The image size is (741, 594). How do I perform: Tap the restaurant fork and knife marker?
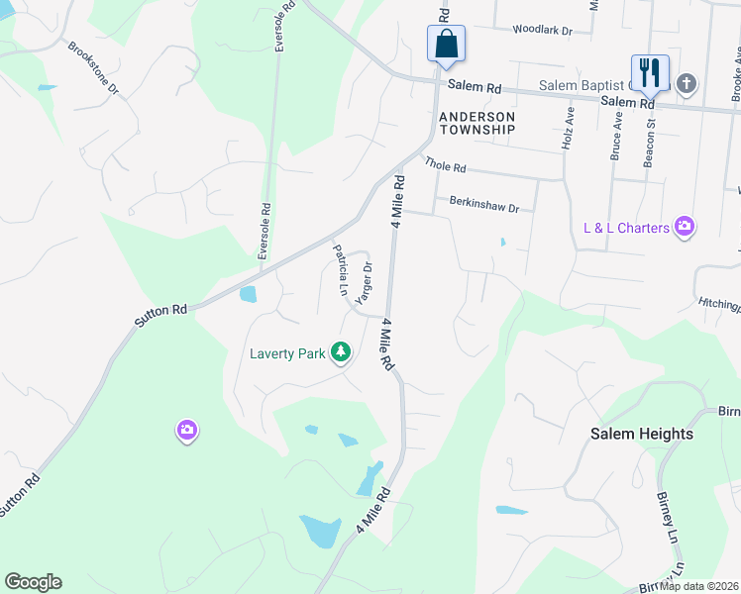pyautogui.click(x=649, y=72)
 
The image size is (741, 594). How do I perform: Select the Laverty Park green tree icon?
pyautogui.click(x=341, y=351)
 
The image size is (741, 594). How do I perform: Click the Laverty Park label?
pyautogui.click(x=288, y=352)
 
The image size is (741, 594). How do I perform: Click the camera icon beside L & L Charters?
pyautogui.click(x=684, y=228)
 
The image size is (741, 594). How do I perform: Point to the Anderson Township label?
pyautogui.click(x=477, y=123)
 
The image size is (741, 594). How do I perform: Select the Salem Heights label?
pyautogui.click(x=641, y=434)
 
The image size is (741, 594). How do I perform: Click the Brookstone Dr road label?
pyautogui.click(x=92, y=67)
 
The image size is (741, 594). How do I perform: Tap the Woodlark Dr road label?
pyautogui.click(x=542, y=31)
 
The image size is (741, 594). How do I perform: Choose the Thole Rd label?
pyautogui.click(x=445, y=165)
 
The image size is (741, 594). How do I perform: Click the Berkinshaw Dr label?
pyautogui.click(x=483, y=207)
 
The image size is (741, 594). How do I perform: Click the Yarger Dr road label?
pyautogui.click(x=365, y=282)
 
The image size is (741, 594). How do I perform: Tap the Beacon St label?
pyautogui.click(x=651, y=143)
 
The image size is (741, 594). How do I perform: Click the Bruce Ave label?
pyautogui.click(x=616, y=136)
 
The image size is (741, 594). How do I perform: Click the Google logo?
pyautogui.click(x=33, y=582)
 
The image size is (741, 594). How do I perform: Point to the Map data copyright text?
pyautogui.click(x=698, y=586)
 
